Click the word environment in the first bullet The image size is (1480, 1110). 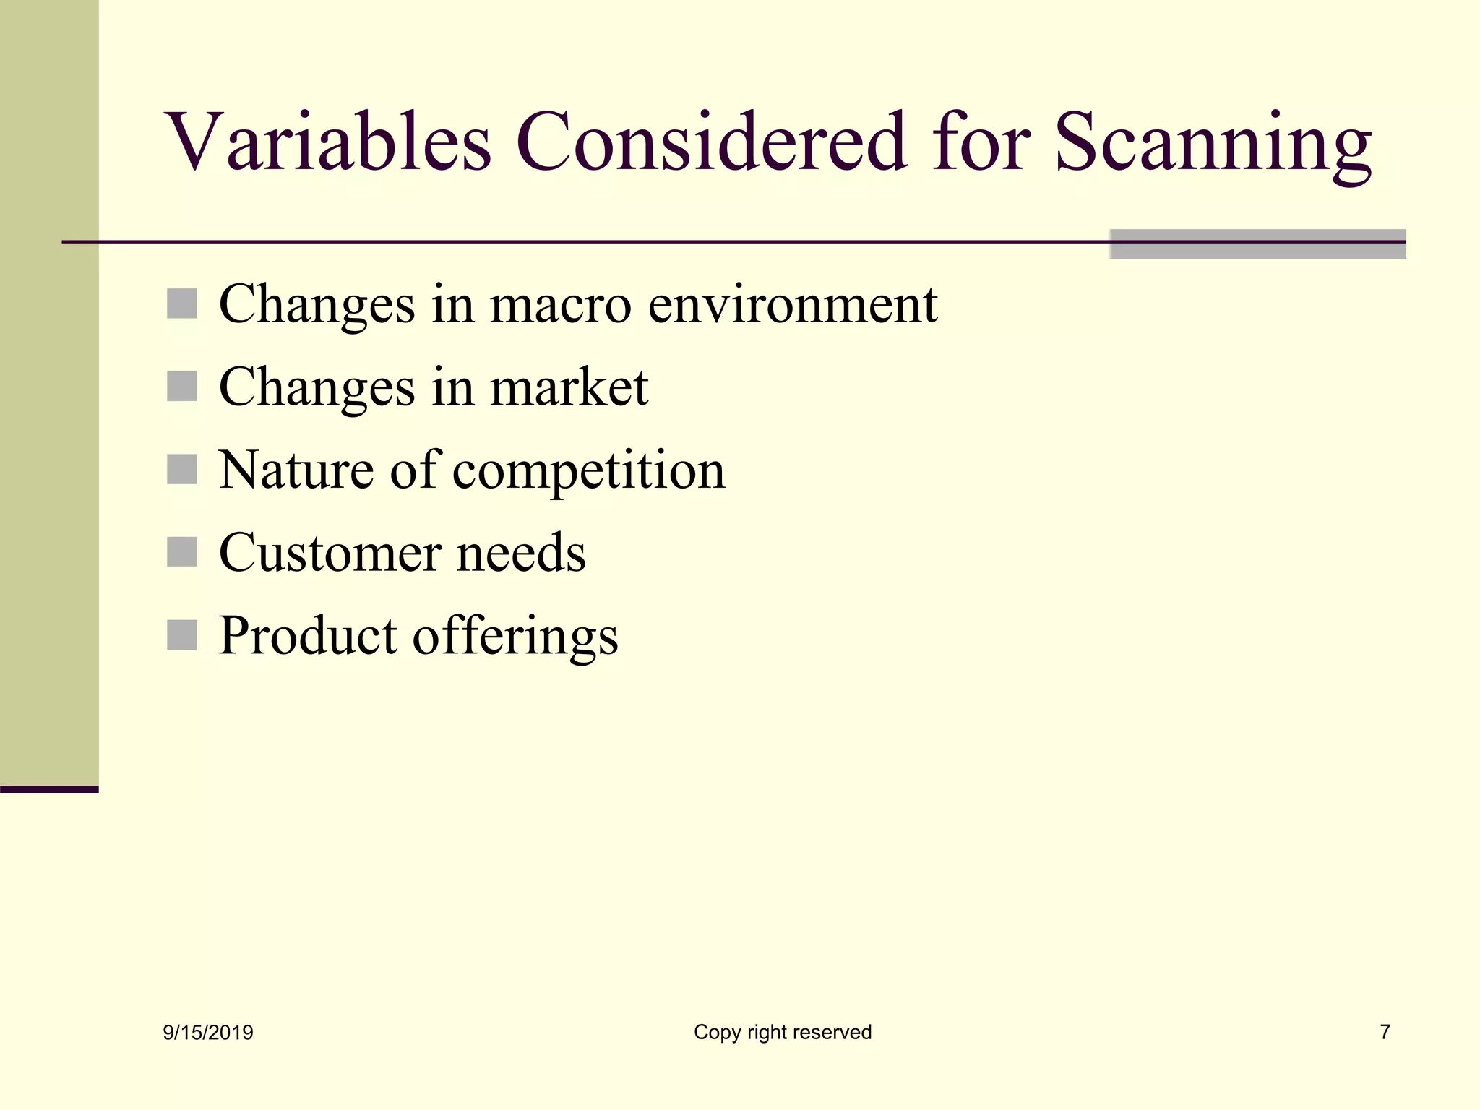[792, 304]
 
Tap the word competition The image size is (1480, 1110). [588, 471]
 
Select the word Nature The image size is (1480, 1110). [297, 470]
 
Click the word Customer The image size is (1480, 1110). [329, 553]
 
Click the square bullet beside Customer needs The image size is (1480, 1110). [182, 552]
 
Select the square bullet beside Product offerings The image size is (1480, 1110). [182, 635]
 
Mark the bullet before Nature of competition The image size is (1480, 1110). [182, 469]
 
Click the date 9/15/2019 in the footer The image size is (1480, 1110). [208, 1033]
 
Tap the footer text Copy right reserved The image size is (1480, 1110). [783, 1032]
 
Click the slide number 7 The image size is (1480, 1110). [1385, 1032]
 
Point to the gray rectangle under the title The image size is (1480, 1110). [1257, 244]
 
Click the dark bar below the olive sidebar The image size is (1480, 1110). [49, 789]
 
